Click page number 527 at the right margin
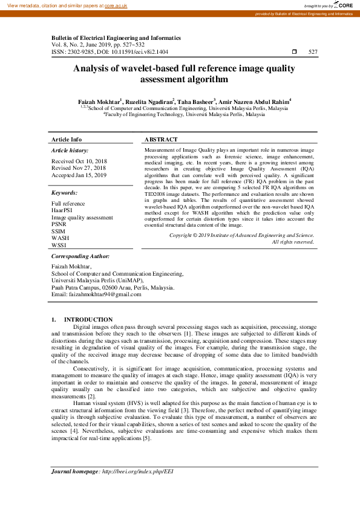pyautogui.click(x=313, y=52)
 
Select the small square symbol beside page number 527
pyautogui.click(x=294, y=53)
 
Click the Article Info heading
pyautogui.click(x=67, y=139)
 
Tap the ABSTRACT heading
pyautogui.click(x=161, y=139)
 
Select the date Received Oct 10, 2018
pyautogui.click(x=79, y=161)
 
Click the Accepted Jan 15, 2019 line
pyautogui.click(x=79, y=175)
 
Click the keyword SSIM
pyautogui.click(x=59, y=231)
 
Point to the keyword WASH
pyautogui.click(x=60, y=238)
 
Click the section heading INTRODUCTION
pyautogui.click(x=88, y=319)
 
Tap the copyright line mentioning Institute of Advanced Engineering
pyautogui.click(x=241, y=235)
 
